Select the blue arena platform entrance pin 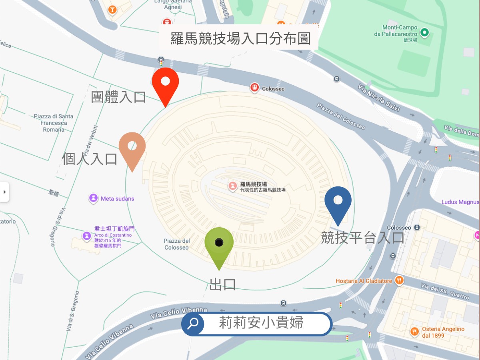click(x=338, y=201)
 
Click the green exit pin click(x=219, y=243)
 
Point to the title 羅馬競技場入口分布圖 click(x=240, y=39)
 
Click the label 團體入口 click(x=118, y=97)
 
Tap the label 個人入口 click(x=90, y=159)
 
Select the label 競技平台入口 click(x=362, y=238)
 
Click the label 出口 click(x=222, y=284)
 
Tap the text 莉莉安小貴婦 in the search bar click(x=261, y=323)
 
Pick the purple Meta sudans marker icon click(x=93, y=198)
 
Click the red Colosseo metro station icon click(x=254, y=88)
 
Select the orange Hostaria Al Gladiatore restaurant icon click(x=399, y=281)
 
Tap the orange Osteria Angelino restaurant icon click(x=414, y=332)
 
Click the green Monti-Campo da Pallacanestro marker click(x=424, y=33)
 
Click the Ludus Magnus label click(x=460, y=202)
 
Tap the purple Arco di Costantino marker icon click(x=86, y=236)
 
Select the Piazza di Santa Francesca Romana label click(x=54, y=123)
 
